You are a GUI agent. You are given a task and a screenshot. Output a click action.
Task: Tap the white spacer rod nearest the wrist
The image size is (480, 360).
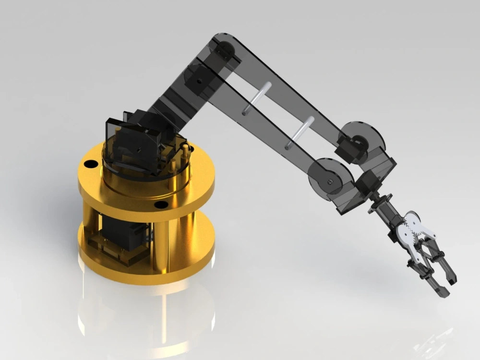[299, 132]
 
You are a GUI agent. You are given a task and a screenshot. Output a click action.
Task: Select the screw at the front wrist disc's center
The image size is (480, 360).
[330, 181]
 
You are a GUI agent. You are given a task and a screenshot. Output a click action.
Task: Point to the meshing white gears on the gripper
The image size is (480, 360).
[412, 228]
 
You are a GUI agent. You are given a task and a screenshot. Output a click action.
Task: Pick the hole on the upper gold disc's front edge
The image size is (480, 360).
[161, 204]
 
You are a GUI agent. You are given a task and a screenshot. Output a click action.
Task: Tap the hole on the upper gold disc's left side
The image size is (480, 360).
[90, 164]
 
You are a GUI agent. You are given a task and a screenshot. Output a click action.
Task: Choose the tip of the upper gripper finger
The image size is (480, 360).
[451, 278]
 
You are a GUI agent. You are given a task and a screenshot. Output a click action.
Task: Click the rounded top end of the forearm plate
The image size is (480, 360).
[223, 43]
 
